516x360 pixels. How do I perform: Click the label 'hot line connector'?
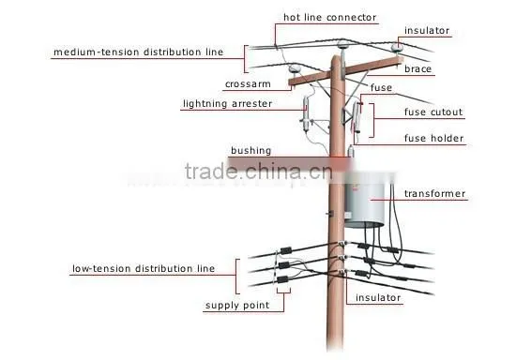click(329, 17)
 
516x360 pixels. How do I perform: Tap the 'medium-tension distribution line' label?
click(138, 52)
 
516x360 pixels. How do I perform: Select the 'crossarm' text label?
click(248, 84)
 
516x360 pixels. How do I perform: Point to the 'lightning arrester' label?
click(227, 104)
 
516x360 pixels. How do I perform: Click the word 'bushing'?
click(251, 151)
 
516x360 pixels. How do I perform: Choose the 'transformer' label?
click(434, 194)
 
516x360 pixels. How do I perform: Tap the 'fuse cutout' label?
click(433, 112)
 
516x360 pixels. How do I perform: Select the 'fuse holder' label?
click(433, 139)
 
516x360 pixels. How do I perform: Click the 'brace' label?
click(417, 69)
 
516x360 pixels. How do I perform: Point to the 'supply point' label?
click(237, 306)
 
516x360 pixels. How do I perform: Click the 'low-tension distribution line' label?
click(144, 269)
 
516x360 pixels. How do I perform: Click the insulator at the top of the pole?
click(342, 45)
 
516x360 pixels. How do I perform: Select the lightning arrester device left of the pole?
click(306, 113)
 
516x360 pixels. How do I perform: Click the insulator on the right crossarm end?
click(396, 47)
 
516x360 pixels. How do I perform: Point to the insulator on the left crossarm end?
click(294, 69)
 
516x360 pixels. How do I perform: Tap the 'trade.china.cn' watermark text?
click(258, 172)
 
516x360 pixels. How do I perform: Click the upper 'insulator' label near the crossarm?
click(427, 31)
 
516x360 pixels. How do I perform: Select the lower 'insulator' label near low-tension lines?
click(378, 298)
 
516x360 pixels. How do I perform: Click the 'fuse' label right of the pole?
click(381, 88)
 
